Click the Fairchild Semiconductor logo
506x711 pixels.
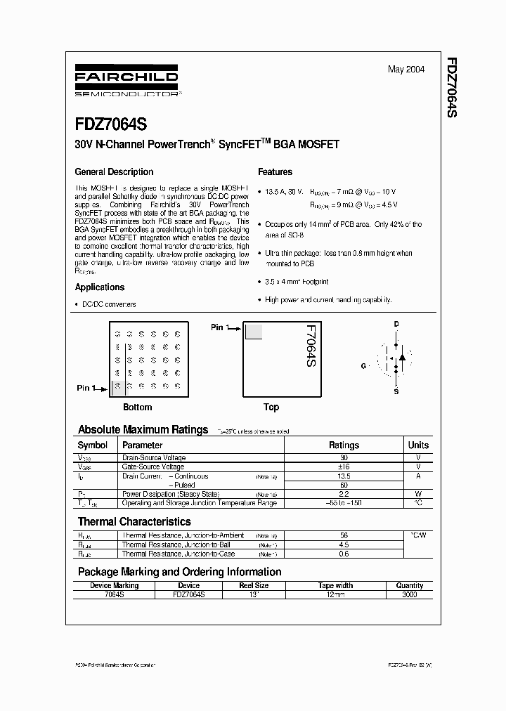tap(126, 82)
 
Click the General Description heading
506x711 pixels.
tap(114, 171)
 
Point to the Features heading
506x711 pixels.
tap(275, 171)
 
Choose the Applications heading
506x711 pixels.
tap(100, 287)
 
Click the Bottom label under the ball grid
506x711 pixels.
tap(138, 407)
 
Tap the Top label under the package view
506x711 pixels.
tap(271, 407)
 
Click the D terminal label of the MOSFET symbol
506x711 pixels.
tap(396, 324)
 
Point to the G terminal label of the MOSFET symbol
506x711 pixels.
tap(364, 366)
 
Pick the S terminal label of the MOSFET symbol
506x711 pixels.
tap(396, 391)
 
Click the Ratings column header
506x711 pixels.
tap(344, 445)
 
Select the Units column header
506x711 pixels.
tap(418, 445)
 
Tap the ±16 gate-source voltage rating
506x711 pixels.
tap(344, 467)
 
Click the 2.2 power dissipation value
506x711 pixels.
tap(344, 494)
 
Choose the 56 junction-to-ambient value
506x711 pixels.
tap(344, 535)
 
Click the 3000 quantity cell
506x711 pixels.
tap(410, 594)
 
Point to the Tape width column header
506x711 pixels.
tap(335, 585)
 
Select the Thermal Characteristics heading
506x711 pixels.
tap(134, 521)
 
